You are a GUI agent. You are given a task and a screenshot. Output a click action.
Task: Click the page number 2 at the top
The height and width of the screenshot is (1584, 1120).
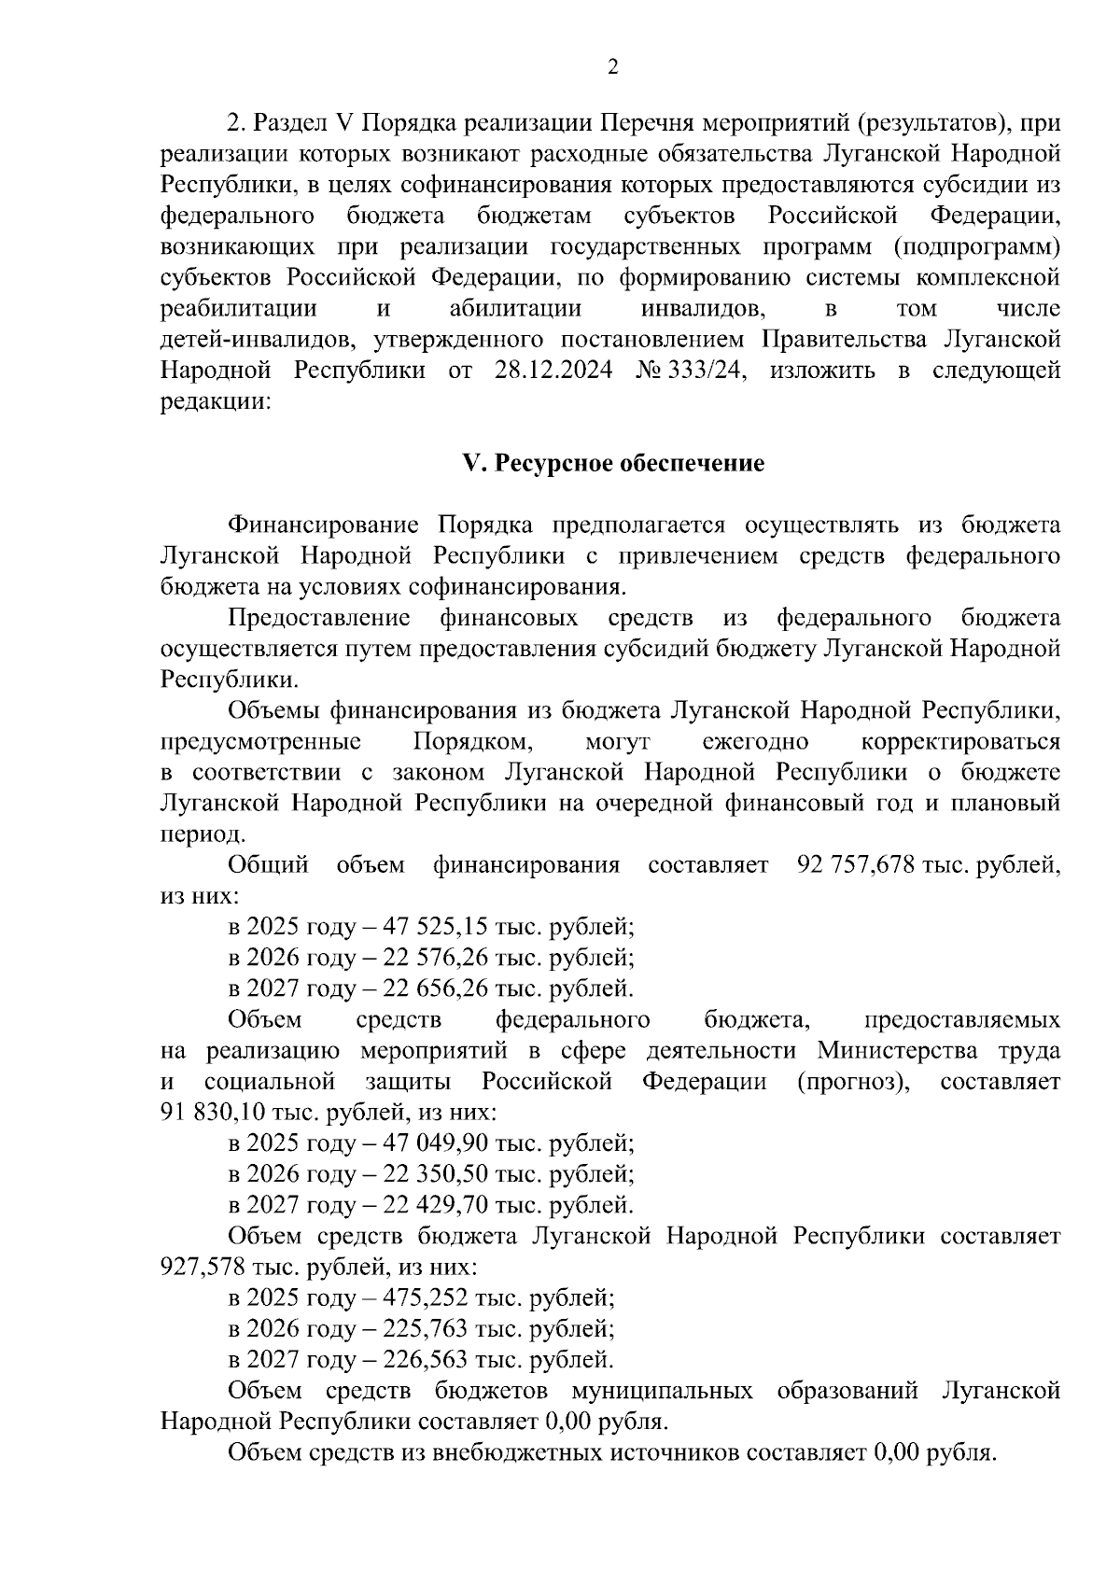coord(612,66)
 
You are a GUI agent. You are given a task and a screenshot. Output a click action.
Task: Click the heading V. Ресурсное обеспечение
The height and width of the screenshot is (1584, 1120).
coord(613,464)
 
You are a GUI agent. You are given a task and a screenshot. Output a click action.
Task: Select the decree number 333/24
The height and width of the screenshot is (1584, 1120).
coord(709,371)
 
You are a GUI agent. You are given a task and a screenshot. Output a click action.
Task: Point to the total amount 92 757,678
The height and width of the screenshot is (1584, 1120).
coord(854,865)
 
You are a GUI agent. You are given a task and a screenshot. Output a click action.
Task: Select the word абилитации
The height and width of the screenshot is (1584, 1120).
coord(515,309)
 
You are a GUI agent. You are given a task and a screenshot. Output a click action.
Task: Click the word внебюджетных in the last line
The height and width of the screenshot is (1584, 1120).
coord(510,1453)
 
